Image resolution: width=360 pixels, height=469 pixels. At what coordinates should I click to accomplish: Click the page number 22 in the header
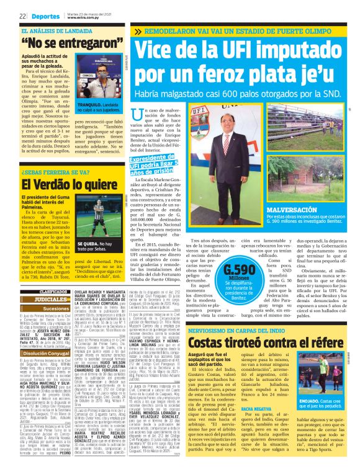click(22, 16)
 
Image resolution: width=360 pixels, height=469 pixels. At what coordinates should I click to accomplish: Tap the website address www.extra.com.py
click(84, 18)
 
